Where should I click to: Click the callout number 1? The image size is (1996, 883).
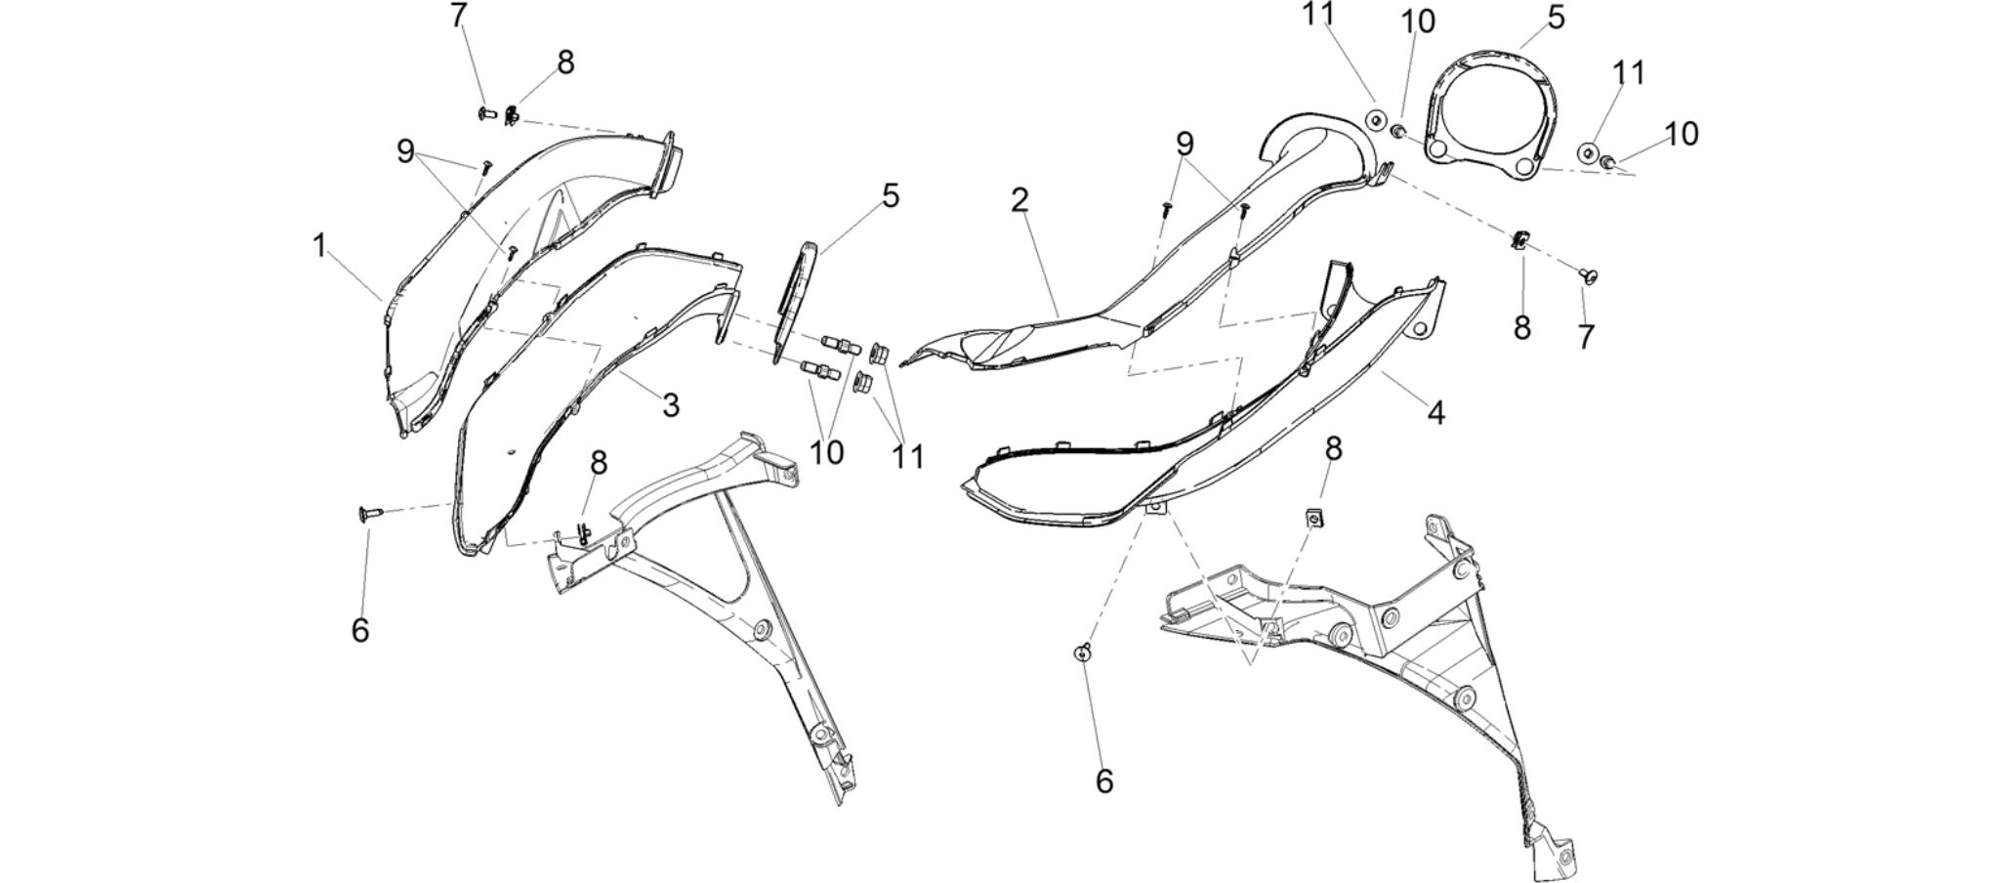tap(319, 245)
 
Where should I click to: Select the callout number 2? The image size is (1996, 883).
tap(1020, 200)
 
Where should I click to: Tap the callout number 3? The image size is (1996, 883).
tap(671, 404)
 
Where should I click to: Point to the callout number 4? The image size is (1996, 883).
tap(1435, 412)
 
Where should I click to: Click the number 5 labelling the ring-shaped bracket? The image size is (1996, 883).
tap(1556, 17)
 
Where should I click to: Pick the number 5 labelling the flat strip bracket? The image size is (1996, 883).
tap(891, 195)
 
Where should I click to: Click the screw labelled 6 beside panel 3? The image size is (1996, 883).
tap(371, 512)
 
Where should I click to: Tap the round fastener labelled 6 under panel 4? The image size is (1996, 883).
tap(1082, 652)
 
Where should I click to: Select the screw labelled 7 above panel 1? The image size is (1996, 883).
tap(487, 114)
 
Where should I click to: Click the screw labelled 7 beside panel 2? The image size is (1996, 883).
tap(1588, 276)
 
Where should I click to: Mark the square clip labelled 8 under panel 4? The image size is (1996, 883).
tap(1315, 518)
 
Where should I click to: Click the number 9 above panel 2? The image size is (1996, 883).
tap(1185, 144)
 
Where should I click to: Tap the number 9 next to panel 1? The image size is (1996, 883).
tap(406, 151)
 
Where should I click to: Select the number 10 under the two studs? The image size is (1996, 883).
tap(826, 452)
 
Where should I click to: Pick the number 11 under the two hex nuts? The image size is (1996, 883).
tap(908, 456)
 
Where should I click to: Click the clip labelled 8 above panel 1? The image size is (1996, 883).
tap(512, 117)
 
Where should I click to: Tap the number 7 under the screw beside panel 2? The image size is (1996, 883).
tap(1586, 337)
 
